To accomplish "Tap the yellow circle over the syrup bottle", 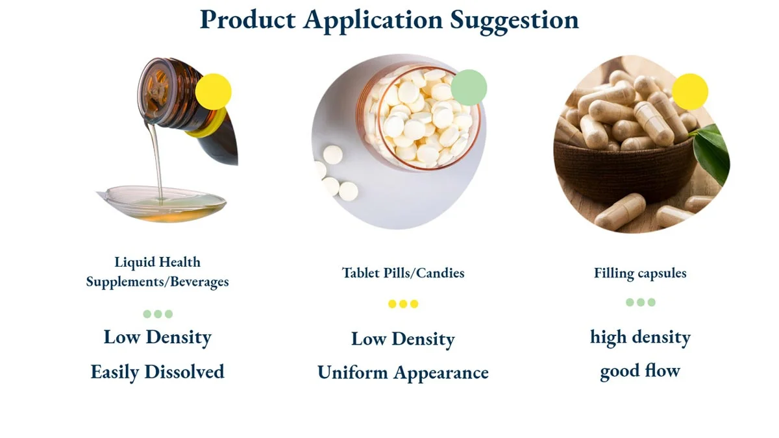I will (x=213, y=91).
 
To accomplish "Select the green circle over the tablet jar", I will (x=469, y=87).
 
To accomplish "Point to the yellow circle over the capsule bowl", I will (x=689, y=91).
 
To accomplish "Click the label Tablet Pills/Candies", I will (x=403, y=273).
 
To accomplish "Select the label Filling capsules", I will (x=640, y=273).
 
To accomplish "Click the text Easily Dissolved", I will (x=157, y=372).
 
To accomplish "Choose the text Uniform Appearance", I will (x=402, y=373).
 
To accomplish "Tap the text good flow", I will (x=639, y=372).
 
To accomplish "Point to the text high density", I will (x=640, y=337).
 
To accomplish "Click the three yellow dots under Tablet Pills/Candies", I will (x=403, y=304).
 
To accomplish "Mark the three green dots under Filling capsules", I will (x=641, y=302).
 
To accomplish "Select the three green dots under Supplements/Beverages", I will (x=158, y=314).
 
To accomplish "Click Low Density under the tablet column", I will (x=402, y=339).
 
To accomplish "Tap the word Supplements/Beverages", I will (x=157, y=282).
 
